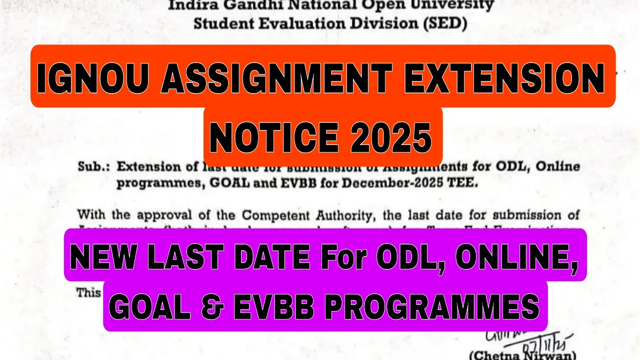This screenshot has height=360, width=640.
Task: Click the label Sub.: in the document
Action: click(93, 167)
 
